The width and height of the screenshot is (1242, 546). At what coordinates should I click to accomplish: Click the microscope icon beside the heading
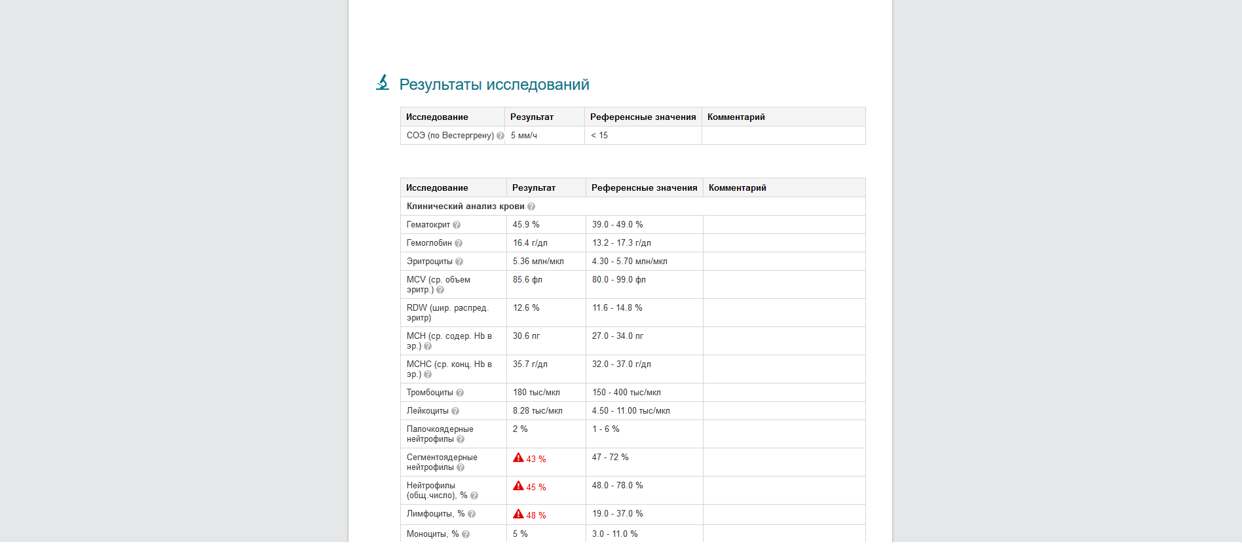point(383,83)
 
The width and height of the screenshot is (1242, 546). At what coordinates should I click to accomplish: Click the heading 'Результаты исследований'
point(494,85)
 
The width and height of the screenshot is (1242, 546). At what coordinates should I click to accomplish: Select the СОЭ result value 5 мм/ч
point(524,136)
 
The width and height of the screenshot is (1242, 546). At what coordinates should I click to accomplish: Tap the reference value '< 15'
point(599,136)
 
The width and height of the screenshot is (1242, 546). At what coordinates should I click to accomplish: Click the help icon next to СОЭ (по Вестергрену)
point(500,136)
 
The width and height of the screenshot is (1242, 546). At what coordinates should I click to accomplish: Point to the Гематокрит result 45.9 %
point(526,225)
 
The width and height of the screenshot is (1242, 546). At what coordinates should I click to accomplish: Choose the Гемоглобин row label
point(429,243)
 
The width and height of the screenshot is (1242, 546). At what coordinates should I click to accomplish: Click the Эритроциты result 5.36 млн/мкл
point(538,262)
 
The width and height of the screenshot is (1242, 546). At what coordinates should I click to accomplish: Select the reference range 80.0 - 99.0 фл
point(618,280)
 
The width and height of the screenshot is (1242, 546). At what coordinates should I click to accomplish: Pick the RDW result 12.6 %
point(526,308)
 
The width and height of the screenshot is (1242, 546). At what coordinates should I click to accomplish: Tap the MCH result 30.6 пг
point(526,336)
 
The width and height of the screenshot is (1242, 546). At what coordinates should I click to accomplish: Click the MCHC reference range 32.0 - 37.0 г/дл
point(621,364)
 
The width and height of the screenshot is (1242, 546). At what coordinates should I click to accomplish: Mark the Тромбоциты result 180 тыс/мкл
point(536,393)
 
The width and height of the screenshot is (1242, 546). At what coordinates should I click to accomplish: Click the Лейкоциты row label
point(427,411)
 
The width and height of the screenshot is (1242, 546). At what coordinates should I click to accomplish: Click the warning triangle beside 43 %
point(518,458)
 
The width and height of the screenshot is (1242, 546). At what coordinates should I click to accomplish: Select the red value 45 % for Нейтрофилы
point(536,488)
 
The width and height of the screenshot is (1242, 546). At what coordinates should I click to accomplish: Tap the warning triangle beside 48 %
point(518,514)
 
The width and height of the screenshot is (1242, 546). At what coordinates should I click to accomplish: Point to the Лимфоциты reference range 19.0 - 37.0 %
point(617,514)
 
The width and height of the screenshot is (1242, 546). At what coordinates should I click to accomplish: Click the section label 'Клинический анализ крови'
point(465,206)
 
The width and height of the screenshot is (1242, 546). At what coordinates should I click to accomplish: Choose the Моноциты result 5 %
point(520,534)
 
